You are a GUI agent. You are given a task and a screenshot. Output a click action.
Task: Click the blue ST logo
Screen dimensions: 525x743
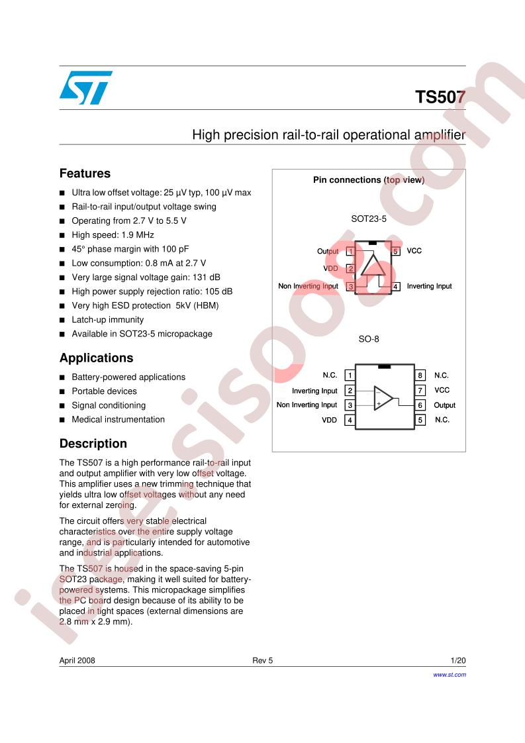86,87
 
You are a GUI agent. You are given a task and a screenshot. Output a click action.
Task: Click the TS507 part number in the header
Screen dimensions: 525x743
440,97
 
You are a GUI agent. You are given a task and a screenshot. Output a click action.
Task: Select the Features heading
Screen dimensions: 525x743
85,173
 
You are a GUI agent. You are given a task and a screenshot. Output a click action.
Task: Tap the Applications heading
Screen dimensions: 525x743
96,358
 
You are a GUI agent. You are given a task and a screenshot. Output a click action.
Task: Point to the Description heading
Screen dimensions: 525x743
93,444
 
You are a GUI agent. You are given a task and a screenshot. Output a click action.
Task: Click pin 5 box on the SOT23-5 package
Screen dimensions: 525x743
396,251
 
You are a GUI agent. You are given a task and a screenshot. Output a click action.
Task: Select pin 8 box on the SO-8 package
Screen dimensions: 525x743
420,375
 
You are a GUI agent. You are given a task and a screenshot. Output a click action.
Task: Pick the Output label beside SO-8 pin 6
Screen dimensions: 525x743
444,405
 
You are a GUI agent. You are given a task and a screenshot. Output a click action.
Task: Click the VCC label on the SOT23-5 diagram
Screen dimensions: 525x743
414,251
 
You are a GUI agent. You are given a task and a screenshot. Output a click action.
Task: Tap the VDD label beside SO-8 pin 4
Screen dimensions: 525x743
329,420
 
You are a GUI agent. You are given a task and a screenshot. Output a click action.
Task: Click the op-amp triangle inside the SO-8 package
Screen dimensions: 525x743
383,398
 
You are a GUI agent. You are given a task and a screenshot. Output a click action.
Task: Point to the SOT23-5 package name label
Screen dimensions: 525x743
369,219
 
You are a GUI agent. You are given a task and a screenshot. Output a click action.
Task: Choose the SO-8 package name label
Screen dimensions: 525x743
369,339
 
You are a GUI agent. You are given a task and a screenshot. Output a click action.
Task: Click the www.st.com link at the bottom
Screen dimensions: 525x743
449,675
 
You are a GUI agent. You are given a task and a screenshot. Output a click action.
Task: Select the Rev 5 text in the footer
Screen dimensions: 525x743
262,660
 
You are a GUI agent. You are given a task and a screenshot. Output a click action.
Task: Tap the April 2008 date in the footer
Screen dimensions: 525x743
77,660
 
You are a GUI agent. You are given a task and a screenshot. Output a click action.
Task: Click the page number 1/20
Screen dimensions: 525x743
458,660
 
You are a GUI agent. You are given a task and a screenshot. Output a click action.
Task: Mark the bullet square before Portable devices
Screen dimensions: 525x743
62,392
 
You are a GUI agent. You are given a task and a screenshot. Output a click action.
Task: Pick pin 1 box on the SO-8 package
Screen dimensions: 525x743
350,375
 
